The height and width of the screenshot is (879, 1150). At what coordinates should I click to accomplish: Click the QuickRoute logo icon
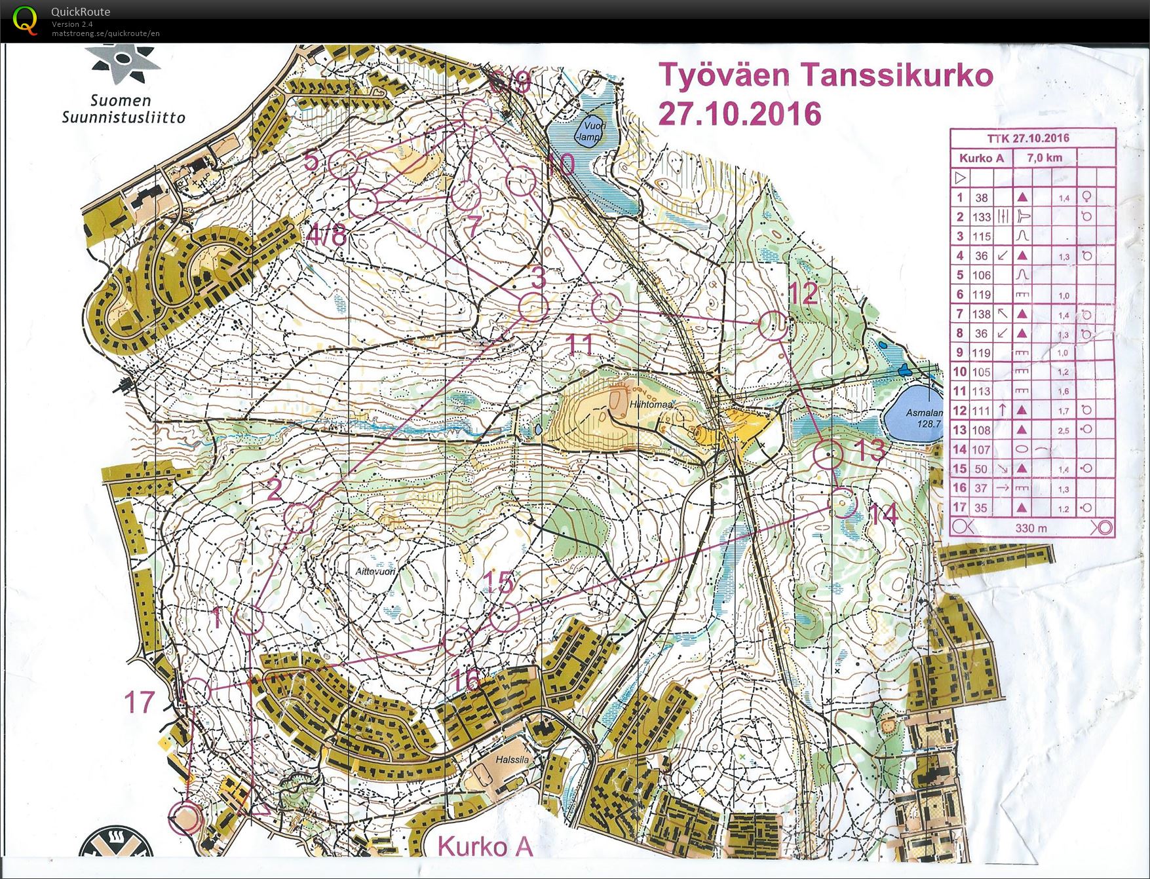[x=24, y=20]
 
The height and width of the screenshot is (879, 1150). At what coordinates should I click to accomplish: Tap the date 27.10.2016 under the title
[x=739, y=113]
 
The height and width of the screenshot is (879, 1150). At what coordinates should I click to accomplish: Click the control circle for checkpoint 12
[x=774, y=325]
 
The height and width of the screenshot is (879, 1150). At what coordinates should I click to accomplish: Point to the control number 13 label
[x=870, y=450]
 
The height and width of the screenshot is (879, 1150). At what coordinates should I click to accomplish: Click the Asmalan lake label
[x=924, y=418]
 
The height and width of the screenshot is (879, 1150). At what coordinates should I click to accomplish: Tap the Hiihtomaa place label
[x=651, y=405]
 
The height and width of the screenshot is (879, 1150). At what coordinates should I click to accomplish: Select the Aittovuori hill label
[x=375, y=571]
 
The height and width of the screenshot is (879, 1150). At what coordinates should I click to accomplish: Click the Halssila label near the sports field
[x=512, y=760]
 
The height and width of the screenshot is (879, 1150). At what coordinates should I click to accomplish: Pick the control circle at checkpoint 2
[x=299, y=518]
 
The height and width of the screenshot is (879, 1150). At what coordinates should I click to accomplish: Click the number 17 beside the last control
[x=139, y=702]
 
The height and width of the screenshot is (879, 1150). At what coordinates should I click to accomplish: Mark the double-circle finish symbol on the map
[x=185, y=818]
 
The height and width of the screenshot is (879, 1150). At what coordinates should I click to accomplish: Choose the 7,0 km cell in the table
[x=1044, y=158]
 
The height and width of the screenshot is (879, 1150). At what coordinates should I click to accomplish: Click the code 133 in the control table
[x=981, y=217]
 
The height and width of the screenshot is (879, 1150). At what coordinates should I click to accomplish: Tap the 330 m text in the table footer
[x=1030, y=528]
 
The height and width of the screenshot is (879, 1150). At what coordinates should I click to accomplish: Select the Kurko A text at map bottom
[x=484, y=846]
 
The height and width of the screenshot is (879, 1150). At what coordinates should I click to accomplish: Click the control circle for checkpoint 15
[x=504, y=616]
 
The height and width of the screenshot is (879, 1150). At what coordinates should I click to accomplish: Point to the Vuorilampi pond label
[x=588, y=133]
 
